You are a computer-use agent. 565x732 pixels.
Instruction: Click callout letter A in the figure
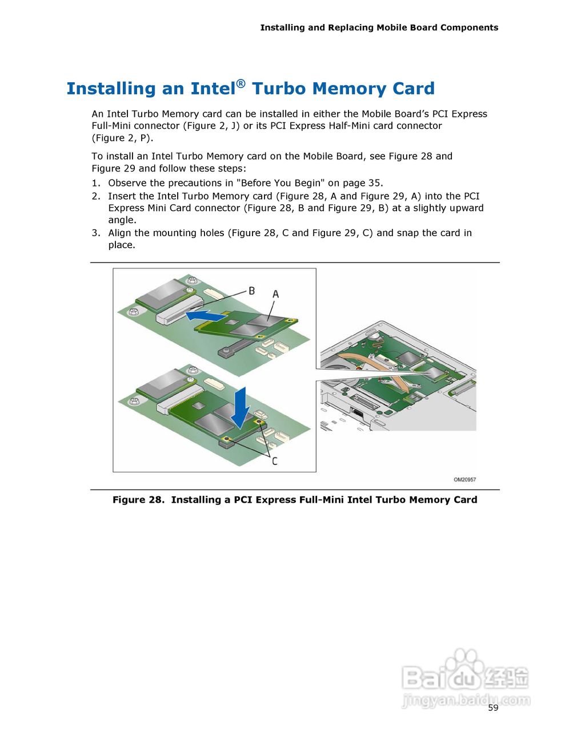point(275,294)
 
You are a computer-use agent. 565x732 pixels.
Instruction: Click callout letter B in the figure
point(251,291)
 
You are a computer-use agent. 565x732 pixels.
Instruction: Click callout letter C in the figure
point(274,461)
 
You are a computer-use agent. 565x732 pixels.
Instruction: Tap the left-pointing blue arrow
point(205,315)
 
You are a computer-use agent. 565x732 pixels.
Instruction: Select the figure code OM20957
point(464,480)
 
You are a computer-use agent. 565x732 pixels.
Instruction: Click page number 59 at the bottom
point(493,708)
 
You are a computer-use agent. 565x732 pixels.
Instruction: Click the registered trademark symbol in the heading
point(241,83)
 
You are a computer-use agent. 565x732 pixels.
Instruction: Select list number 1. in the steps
point(95,183)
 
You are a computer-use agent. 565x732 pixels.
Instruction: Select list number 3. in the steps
point(95,233)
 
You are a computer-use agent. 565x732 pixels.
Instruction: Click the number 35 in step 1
point(374,183)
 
